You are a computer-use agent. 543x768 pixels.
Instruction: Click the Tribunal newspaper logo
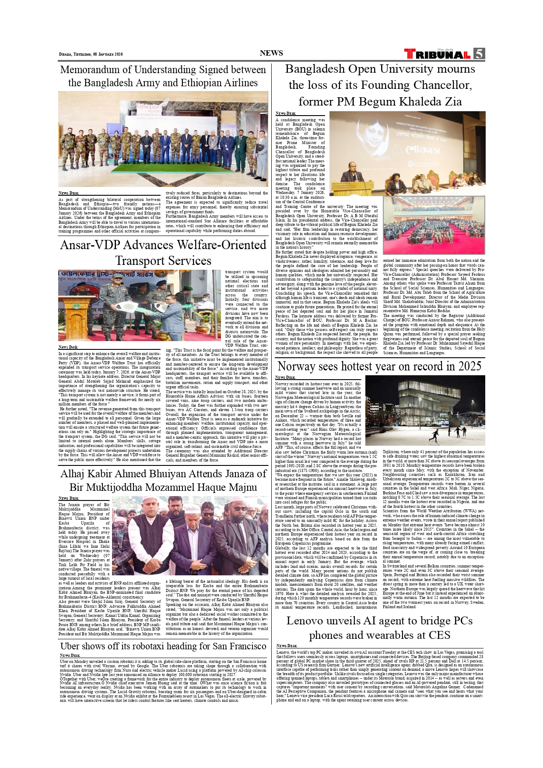(x=438, y=54)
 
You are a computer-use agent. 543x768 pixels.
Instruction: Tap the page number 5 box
(x=479, y=53)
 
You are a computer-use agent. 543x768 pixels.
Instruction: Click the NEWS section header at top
(x=271, y=53)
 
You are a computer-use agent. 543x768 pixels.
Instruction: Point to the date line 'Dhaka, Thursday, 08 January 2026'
(x=91, y=54)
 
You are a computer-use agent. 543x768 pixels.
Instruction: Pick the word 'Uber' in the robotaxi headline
(x=70, y=646)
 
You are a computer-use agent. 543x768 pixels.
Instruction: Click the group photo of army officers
(x=163, y=139)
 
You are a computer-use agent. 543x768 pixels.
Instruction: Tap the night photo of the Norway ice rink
(x=425, y=410)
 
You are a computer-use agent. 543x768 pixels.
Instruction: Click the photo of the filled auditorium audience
(x=434, y=225)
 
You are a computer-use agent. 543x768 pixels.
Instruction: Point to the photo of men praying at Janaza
(x=190, y=535)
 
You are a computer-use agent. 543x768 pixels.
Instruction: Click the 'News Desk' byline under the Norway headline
(x=285, y=377)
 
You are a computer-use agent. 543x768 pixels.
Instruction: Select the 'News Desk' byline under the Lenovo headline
(x=287, y=646)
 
